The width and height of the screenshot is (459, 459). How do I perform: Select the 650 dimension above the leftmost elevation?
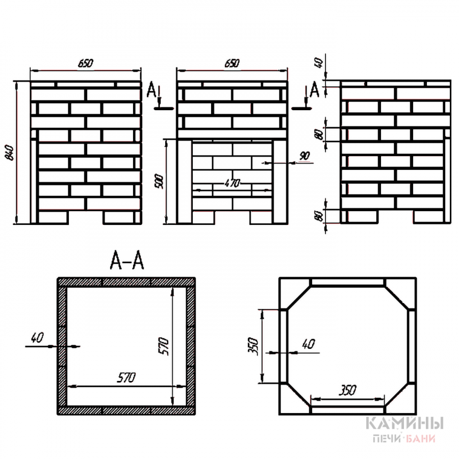point(86,63)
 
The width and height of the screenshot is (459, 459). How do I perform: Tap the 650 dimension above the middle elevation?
point(232,63)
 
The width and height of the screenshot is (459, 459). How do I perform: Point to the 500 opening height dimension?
point(159,182)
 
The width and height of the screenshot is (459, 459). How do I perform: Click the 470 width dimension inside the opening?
point(232,183)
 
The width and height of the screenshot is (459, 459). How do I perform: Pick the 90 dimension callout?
point(304,156)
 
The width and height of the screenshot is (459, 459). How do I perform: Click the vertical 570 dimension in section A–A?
point(164,346)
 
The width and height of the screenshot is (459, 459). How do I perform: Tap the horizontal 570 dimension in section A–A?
point(126,377)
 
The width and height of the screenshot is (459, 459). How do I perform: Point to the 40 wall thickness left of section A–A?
point(37,338)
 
